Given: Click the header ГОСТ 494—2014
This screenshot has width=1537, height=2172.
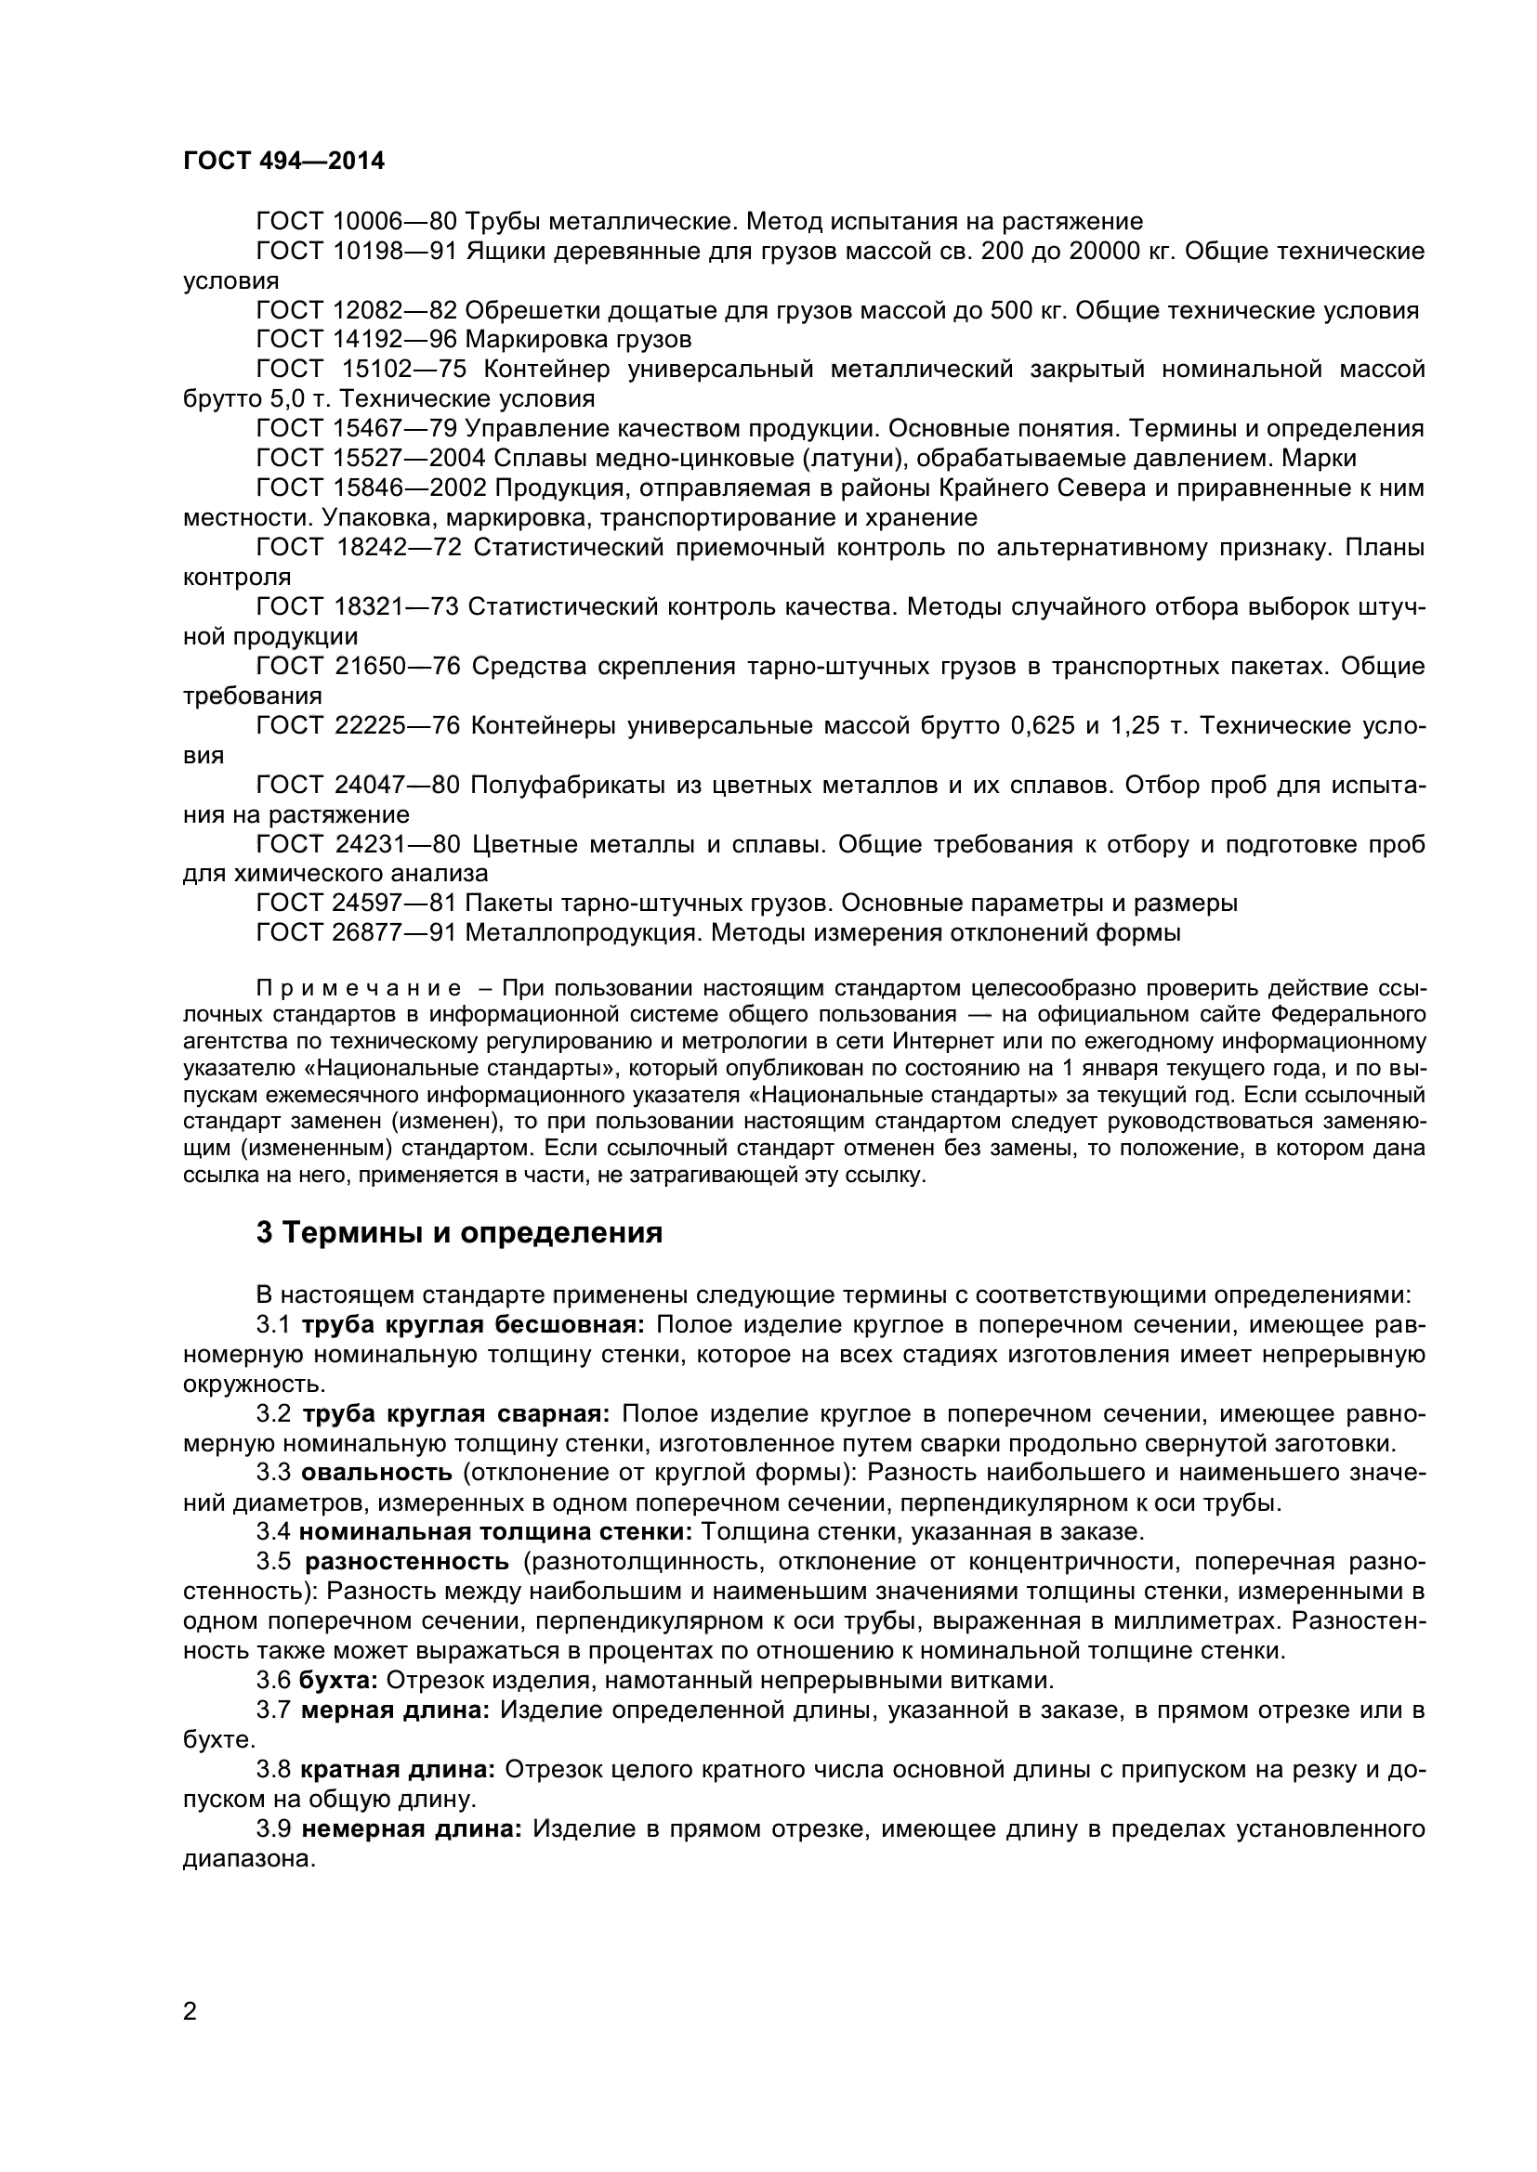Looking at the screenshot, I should point(284,161).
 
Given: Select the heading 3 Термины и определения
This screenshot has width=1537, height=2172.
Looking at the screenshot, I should point(459,1233).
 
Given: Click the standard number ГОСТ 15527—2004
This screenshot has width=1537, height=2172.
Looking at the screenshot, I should point(370,458).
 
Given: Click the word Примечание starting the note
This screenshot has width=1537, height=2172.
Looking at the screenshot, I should point(360,990).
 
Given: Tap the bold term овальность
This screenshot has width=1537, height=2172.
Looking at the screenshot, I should point(376,1473).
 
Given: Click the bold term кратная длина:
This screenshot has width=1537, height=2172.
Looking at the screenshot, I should point(399,1770).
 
